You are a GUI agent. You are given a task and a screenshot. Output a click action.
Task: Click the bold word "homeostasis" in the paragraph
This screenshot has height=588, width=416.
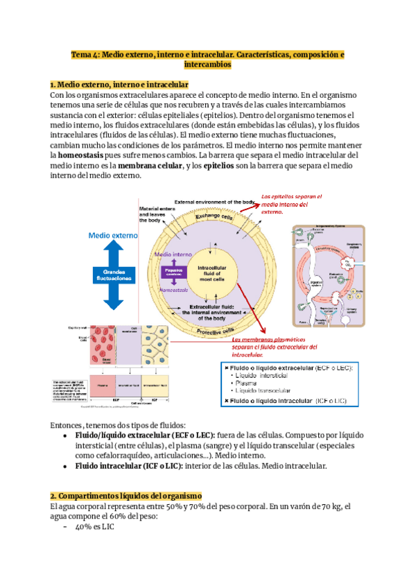tap(88, 157)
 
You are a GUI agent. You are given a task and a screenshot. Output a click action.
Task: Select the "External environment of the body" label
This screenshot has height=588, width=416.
tap(215, 202)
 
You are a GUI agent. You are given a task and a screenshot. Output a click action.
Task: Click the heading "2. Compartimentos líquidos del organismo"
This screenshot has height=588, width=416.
tap(125, 496)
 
